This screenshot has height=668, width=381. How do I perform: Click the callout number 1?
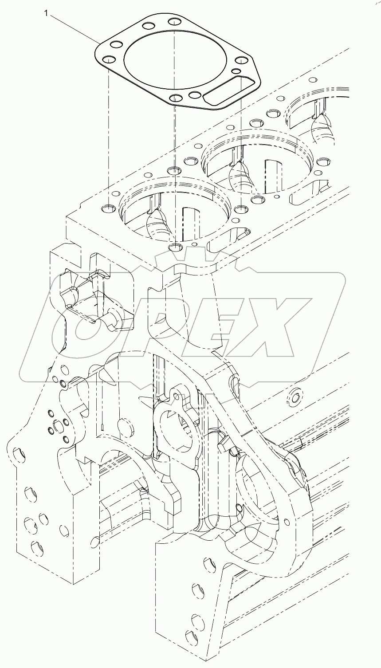[x=46, y=14]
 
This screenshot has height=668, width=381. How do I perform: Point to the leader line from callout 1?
[x=73, y=28]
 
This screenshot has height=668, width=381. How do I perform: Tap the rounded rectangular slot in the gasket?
[x=230, y=91]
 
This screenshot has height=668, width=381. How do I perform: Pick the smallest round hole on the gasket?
[x=236, y=71]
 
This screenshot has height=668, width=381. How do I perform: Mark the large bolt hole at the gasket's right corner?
[x=241, y=61]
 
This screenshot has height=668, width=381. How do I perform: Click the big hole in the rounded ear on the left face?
[x=18, y=453]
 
